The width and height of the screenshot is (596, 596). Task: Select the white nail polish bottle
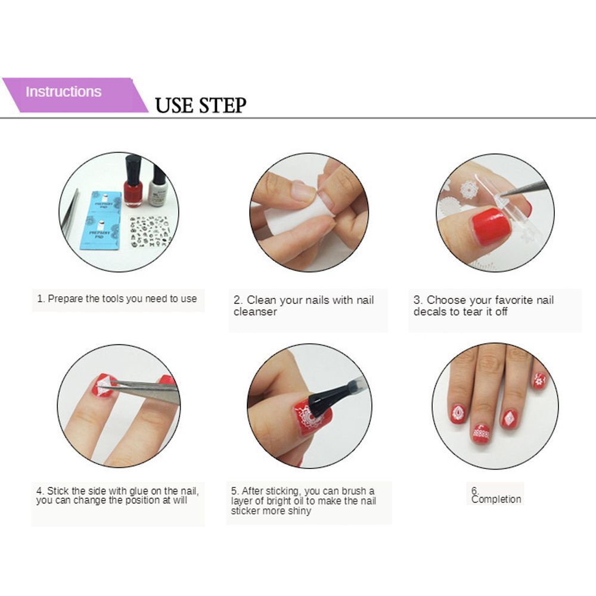(158, 186)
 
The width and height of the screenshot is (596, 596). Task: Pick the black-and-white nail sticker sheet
(150, 231)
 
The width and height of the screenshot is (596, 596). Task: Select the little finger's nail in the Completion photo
(539, 381)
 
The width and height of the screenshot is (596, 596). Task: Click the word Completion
(496, 499)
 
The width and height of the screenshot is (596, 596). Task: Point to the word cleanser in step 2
(255, 312)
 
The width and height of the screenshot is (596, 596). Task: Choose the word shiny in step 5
(300, 511)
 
